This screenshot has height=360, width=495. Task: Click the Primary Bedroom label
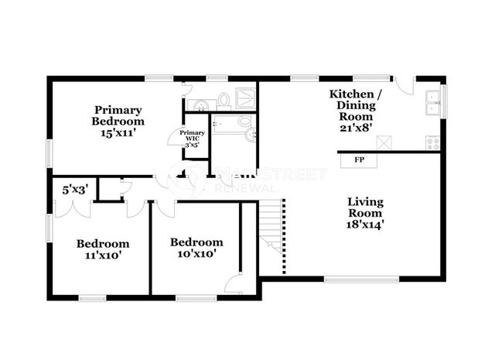[118, 115]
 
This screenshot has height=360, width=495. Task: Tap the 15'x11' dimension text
[118, 133]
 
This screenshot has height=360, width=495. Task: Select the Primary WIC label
[192, 135]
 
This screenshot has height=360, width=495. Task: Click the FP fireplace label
[359, 160]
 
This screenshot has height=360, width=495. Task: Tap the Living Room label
[365, 207]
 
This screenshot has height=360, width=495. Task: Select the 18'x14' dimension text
[365, 225]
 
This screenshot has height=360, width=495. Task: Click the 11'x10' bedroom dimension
[103, 255]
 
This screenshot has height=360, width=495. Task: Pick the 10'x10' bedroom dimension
[196, 253]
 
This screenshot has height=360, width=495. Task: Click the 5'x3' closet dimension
[75, 190]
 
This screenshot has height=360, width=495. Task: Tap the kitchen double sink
[433, 103]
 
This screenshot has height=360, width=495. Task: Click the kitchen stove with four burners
[433, 143]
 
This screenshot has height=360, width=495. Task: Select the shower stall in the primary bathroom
[245, 98]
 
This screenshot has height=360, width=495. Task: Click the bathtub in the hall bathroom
[227, 124]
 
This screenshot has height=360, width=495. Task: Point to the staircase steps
[271, 226]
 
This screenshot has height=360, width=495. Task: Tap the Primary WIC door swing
[176, 136]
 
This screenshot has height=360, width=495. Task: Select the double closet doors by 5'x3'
[73, 209]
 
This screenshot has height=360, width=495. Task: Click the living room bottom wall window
[361, 279]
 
